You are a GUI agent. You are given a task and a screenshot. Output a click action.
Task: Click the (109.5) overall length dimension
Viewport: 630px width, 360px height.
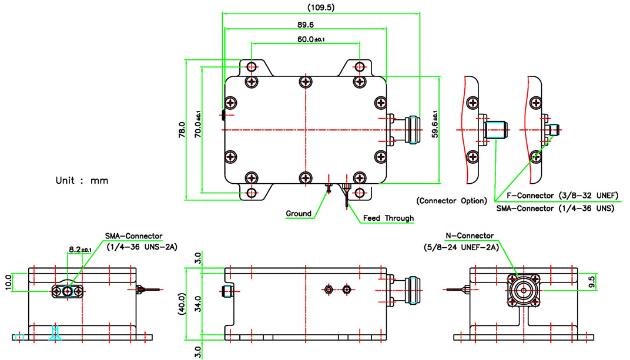coord(320,8)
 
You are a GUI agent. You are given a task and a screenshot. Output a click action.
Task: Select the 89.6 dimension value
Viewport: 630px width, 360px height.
coord(306,25)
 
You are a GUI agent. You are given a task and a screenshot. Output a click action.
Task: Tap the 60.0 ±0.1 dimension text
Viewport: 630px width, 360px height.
coord(311,39)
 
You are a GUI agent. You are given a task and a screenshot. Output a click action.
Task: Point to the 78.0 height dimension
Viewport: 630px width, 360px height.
coord(182,130)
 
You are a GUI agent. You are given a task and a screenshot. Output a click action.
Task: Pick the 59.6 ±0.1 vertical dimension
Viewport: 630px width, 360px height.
coord(435,124)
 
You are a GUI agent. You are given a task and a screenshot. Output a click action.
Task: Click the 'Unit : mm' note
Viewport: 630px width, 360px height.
coord(82,180)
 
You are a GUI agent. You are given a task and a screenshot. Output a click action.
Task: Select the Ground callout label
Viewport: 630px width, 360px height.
coord(299,213)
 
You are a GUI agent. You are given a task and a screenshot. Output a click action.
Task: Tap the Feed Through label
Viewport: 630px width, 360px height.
coord(388,218)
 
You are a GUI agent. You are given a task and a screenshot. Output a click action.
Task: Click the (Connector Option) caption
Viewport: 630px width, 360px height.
coord(451,201)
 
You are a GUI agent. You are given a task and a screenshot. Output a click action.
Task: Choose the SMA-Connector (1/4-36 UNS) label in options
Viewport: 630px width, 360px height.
coord(555,208)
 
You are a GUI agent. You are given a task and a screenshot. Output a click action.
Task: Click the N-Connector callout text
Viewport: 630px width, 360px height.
coord(469,236)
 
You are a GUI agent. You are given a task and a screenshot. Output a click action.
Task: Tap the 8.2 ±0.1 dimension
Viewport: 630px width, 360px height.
coord(79,250)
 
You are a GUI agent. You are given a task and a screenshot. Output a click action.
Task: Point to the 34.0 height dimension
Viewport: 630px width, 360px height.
coord(198,303)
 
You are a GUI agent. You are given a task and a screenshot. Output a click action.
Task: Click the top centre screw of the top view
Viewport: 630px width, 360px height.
coord(305,82)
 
